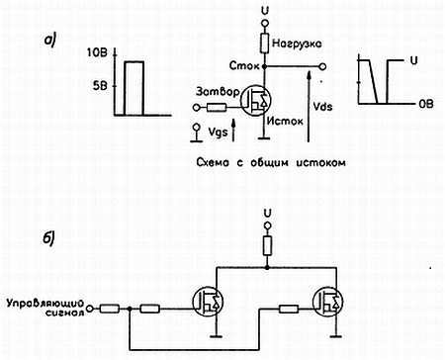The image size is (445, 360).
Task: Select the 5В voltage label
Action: (x=99, y=83)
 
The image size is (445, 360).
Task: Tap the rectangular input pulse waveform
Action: (x=132, y=86)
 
